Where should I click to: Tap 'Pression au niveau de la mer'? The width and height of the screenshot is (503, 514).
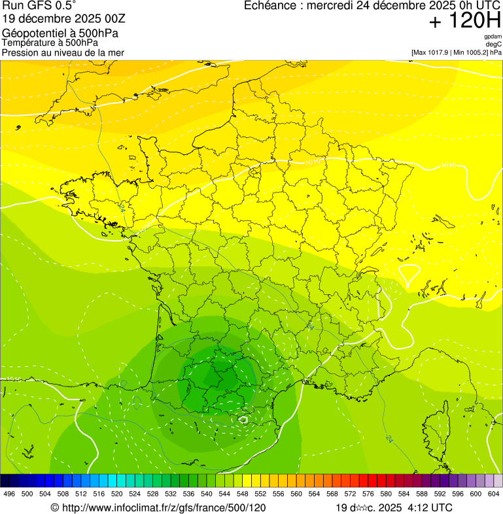point(63,52)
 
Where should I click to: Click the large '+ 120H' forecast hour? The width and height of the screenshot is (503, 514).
point(464,21)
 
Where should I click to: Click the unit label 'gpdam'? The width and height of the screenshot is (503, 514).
point(493,37)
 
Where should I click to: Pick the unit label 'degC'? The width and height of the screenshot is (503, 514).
point(494,44)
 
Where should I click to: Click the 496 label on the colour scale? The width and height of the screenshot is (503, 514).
point(9,494)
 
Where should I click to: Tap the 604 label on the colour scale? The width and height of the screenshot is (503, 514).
point(494,494)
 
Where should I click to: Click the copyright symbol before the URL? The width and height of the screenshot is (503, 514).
point(55,507)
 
